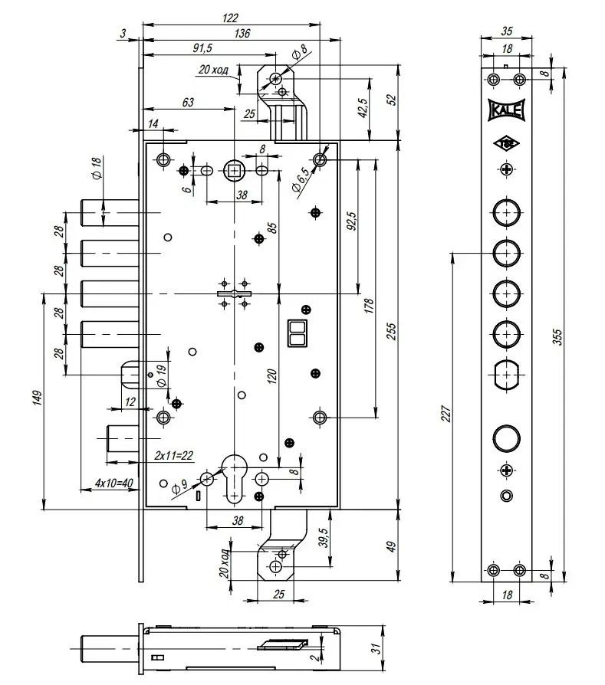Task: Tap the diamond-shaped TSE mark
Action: (x=506, y=143)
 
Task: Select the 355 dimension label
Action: (x=557, y=337)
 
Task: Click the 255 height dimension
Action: (x=391, y=330)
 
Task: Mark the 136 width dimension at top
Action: (x=242, y=33)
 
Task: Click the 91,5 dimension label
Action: (x=202, y=48)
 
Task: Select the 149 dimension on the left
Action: (x=38, y=398)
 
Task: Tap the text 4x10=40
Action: (x=114, y=483)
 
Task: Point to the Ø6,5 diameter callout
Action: (x=302, y=181)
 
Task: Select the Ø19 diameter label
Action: (x=161, y=375)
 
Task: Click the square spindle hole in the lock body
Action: (x=234, y=170)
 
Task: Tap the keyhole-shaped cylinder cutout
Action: (x=234, y=474)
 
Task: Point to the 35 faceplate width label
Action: (x=506, y=32)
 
